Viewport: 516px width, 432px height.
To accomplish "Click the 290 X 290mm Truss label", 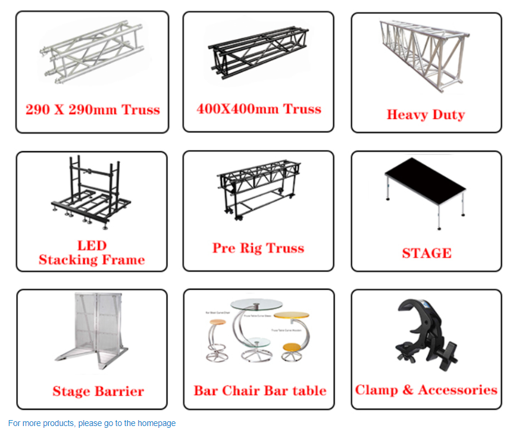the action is (x=92, y=109).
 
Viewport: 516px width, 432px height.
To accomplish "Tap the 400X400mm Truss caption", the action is (x=259, y=109).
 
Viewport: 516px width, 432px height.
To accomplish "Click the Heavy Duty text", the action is (x=426, y=115).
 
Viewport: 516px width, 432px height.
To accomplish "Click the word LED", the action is (x=92, y=245).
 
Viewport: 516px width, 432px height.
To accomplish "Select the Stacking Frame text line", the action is (x=92, y=260).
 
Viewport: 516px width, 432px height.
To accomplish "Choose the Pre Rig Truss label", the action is (x=258, y=248).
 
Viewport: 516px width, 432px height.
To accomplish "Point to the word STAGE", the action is (x=426, y=253).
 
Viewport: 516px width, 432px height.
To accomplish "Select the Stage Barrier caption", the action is (x=98, y=391).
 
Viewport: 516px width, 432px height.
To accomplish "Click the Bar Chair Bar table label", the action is (x=260, y=391).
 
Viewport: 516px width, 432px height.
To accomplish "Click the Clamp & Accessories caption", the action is (x=426, y=390).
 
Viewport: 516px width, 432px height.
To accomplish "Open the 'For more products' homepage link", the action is (x=92, y=424).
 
